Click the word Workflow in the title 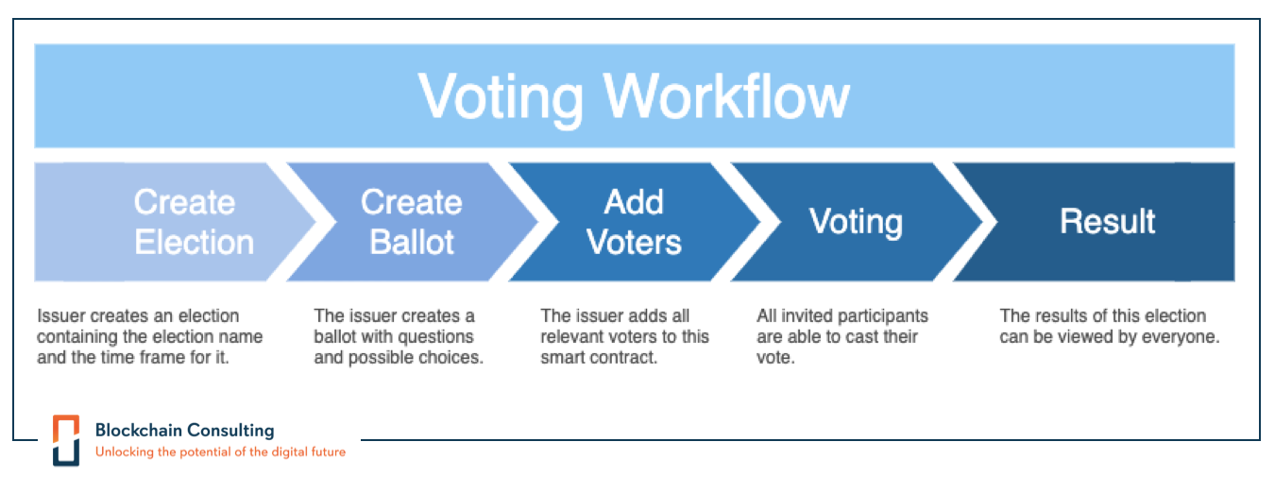727,95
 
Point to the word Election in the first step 194,243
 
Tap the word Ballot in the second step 412,243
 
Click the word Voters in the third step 634,243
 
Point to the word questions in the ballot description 433,337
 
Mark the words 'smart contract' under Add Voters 599,359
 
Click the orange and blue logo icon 66,440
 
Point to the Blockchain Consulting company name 184,430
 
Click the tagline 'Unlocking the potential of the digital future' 220,452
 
